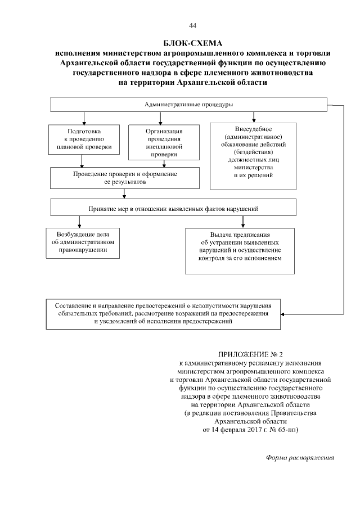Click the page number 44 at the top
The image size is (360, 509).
pyautogui.click(x=193, y=26)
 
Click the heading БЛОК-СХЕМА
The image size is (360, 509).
pyautogui.click(x=193, y=43)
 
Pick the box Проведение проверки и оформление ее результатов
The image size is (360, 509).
pyautogui.click(x=124, y=178)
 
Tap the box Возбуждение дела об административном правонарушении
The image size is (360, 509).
pyautogui.click(x=83, y=242)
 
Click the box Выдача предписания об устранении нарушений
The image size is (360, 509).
pyautogui.click(x=240, y=250)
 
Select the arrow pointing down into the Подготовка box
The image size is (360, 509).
pyautogui.click(x=84, y=121)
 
